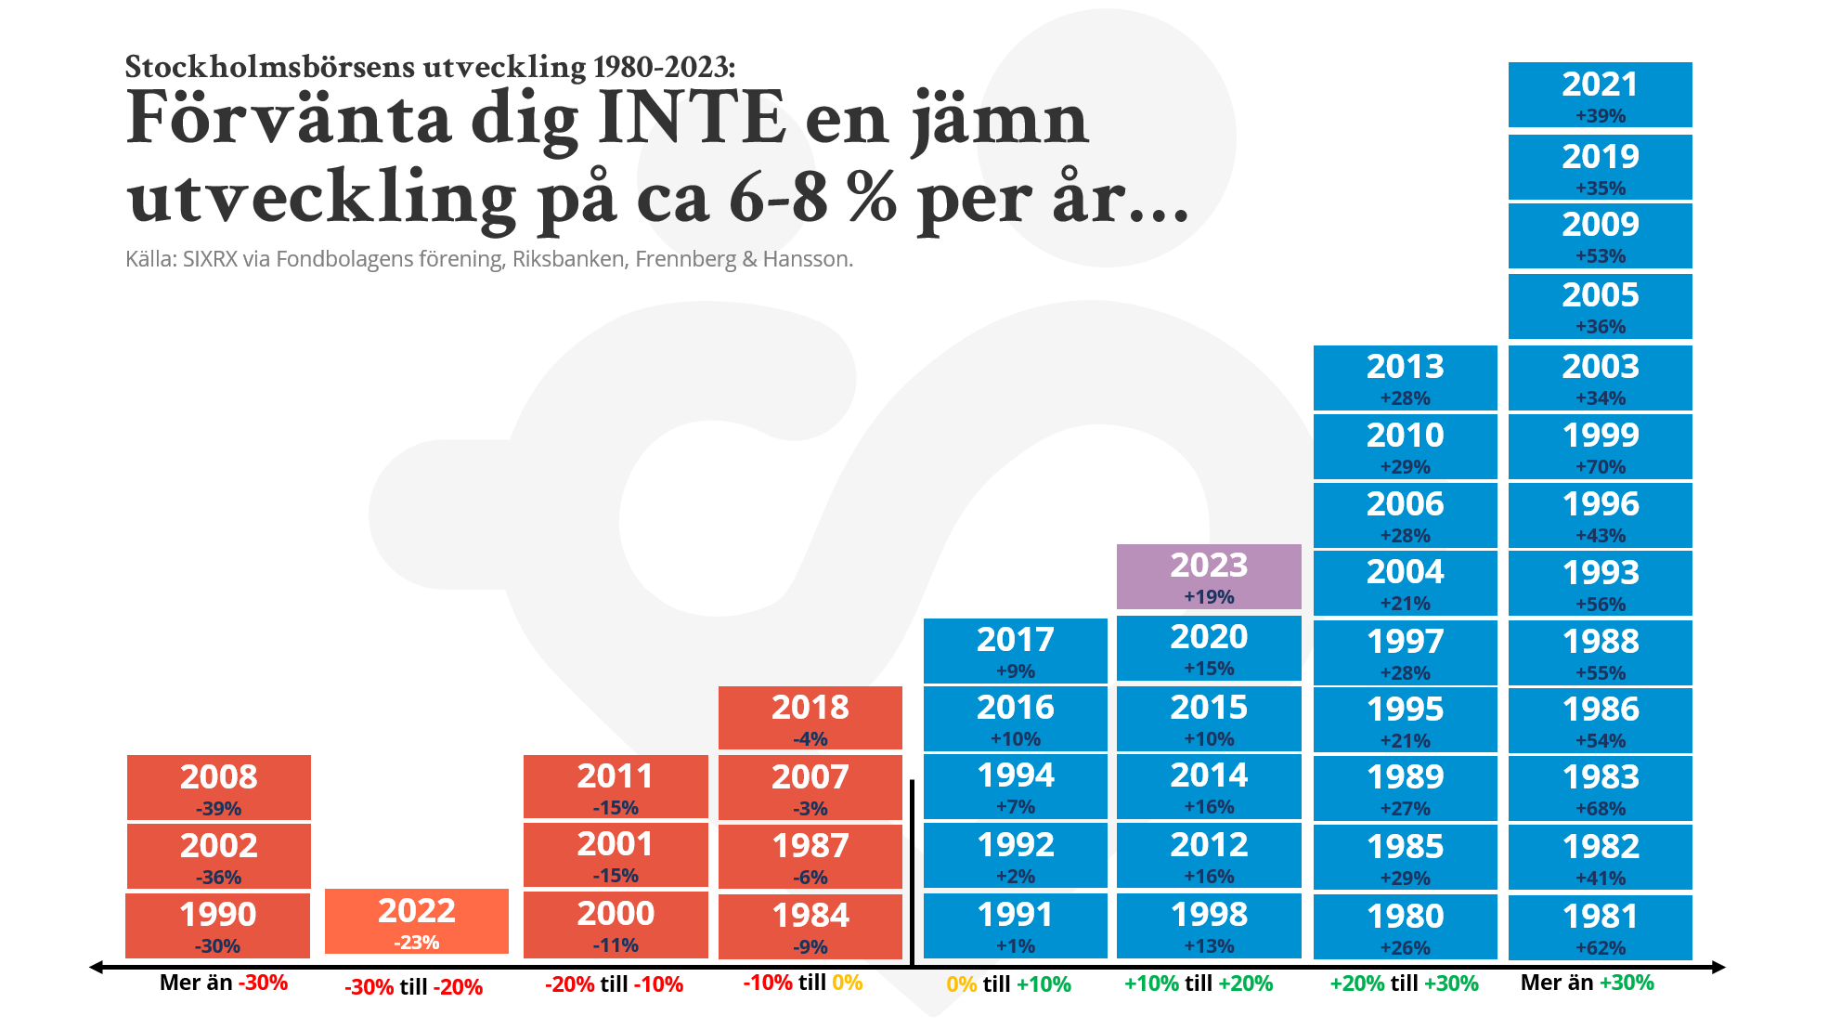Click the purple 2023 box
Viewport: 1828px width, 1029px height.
1209,577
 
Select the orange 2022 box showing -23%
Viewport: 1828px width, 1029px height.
417,921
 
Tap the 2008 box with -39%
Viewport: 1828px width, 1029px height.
219,788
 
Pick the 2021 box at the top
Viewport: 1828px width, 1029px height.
1600,95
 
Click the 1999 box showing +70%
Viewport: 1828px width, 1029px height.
1600,447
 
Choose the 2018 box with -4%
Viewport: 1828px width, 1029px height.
810,718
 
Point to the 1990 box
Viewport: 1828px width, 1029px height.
218,925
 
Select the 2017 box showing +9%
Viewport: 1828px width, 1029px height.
1016,650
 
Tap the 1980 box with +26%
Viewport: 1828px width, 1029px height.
1406,927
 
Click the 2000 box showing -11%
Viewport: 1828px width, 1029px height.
616,924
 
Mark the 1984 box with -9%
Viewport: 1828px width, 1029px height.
810,926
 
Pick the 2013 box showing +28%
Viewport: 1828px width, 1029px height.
1406,378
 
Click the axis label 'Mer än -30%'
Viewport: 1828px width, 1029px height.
224,983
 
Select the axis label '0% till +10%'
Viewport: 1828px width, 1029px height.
1008,984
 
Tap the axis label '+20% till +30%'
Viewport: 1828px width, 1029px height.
1404,983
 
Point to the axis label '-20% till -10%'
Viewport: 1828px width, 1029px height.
614,984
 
